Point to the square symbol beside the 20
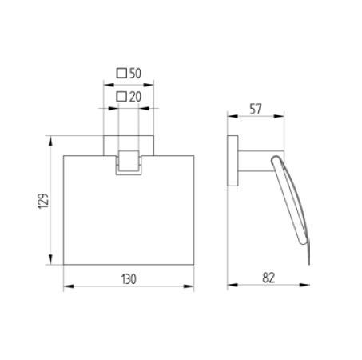coord(121,97)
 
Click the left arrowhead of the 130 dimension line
coord(66,286)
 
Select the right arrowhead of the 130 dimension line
coord(192,286)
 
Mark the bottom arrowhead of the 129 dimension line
coord(54,262)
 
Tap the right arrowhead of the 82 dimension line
coord(308,286)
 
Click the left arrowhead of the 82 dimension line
coord(230,286)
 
